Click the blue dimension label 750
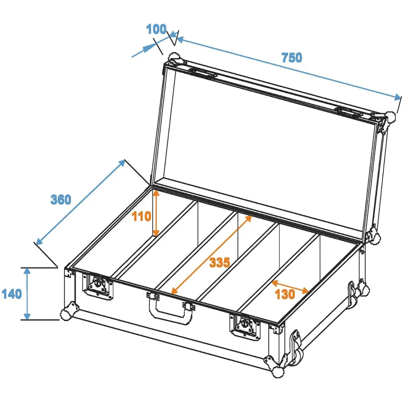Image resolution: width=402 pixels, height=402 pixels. [292, 57]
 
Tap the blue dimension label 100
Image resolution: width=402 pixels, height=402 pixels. [156, 29]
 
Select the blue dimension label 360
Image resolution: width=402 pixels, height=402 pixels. [61, 199]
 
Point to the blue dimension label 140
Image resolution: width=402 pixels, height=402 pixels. [12, 294]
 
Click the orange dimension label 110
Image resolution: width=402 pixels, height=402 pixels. [141, 216]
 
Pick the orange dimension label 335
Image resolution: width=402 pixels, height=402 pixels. [220, 263]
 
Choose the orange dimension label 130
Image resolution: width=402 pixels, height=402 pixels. [285, 294]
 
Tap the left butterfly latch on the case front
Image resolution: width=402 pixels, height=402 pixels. [98, 286]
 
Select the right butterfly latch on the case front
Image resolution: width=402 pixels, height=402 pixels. [245, 326]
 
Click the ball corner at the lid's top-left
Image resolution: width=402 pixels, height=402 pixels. [174, 57]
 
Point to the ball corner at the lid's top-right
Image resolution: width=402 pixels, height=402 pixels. [390, 117]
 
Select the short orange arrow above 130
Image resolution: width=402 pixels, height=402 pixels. [290, 287]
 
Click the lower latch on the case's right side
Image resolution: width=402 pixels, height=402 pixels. [297, 346]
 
